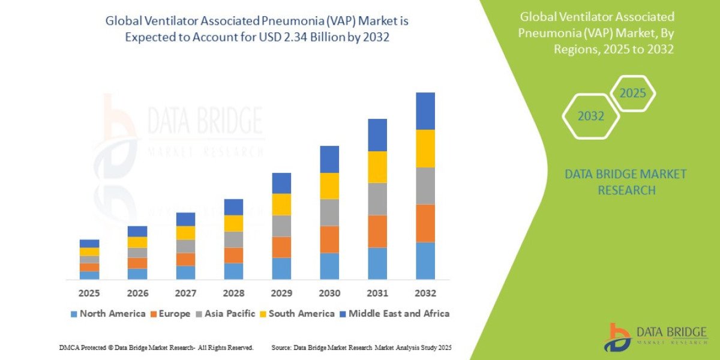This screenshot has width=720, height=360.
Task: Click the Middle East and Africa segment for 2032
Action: coord(425,111)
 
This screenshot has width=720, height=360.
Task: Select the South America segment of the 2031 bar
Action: coord(377,167)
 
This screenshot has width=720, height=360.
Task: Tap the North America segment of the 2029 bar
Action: coord(281,268)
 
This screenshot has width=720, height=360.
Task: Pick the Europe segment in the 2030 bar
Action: coord(329,239)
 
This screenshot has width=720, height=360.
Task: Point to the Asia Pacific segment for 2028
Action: coord(233,239)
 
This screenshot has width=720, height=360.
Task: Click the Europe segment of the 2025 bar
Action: coord(89,267)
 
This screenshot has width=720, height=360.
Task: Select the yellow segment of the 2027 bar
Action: coord(185,233)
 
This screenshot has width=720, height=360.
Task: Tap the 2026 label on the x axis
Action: coord(137,293)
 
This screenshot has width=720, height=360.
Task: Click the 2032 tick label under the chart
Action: coord(425,293)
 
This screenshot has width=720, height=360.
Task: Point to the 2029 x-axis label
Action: coord(281,293)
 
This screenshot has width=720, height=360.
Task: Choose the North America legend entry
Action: coord(108,313)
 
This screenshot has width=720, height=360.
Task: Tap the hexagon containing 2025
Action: coord(632,94)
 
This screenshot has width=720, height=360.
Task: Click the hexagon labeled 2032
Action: coord(590,116)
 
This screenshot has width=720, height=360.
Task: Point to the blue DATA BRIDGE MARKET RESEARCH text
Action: coord(625,182)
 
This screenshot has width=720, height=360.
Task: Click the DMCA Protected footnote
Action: coord(156,347)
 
